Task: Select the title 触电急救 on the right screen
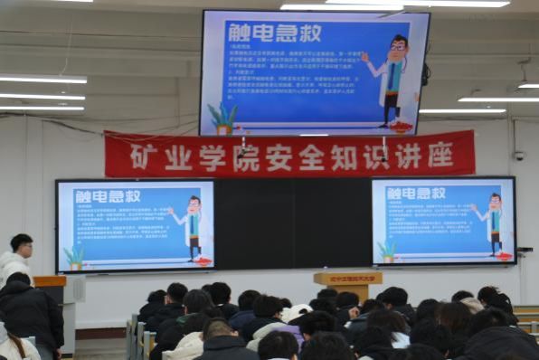point(416,193)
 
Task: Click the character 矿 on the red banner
point(139,156)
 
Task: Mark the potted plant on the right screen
point(388,251)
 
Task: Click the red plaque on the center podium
point(348,279)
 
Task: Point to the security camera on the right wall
point(519,156)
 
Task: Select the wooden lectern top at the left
point(50,281)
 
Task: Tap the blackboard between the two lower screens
point(292,223)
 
